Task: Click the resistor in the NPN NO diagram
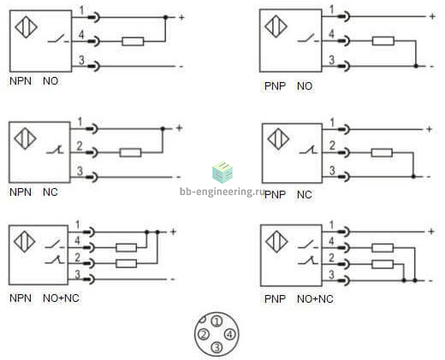133,41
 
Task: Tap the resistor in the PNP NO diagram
383,41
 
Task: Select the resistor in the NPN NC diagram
130,152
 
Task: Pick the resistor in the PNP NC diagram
382,153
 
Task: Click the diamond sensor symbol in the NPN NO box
26,27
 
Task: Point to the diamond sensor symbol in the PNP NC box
278,139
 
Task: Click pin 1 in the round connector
217,322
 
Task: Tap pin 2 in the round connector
204,334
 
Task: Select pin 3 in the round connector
217,347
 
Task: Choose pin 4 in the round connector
230,334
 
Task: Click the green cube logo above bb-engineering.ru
222,172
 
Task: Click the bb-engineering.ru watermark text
222,192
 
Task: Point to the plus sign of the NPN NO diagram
181,18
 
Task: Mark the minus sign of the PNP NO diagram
432,67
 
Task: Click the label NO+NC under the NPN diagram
61,298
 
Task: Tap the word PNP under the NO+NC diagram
275,299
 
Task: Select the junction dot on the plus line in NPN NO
165,17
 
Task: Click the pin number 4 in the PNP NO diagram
331,34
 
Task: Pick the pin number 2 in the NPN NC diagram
80,146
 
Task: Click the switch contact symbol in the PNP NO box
307,38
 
